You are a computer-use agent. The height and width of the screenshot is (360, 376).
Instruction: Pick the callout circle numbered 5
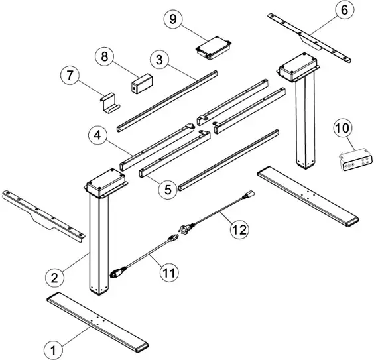[x=168, y=188]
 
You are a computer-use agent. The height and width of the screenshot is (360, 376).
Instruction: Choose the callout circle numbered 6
[x=344, y=10]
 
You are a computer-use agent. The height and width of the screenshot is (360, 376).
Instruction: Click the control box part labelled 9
[x=212, y=46]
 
